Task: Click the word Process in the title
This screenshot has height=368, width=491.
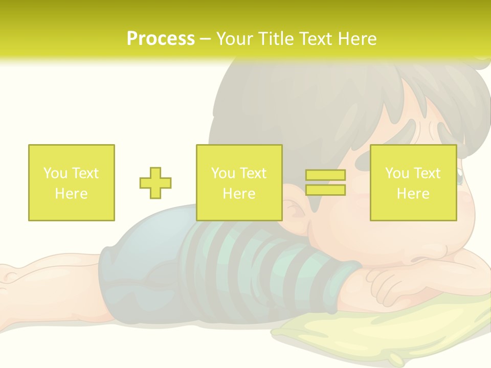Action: coord(161,39)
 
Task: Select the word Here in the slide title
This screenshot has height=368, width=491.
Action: coord(356,39)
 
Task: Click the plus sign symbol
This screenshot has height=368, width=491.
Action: coord(155,183)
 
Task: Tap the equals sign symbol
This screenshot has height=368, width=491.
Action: coord(325,182)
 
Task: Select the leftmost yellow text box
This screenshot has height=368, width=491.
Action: coord(72,182)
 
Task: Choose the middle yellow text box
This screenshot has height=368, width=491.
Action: coord(239,182)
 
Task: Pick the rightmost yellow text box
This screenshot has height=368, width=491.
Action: coord(413,182)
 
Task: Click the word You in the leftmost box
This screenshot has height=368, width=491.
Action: coord(54,173)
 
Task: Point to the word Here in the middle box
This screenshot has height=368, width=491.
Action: coord(239,194)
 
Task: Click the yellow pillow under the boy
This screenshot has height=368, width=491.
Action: coord(389,327)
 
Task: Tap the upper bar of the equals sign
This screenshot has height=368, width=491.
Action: coord(325,175)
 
